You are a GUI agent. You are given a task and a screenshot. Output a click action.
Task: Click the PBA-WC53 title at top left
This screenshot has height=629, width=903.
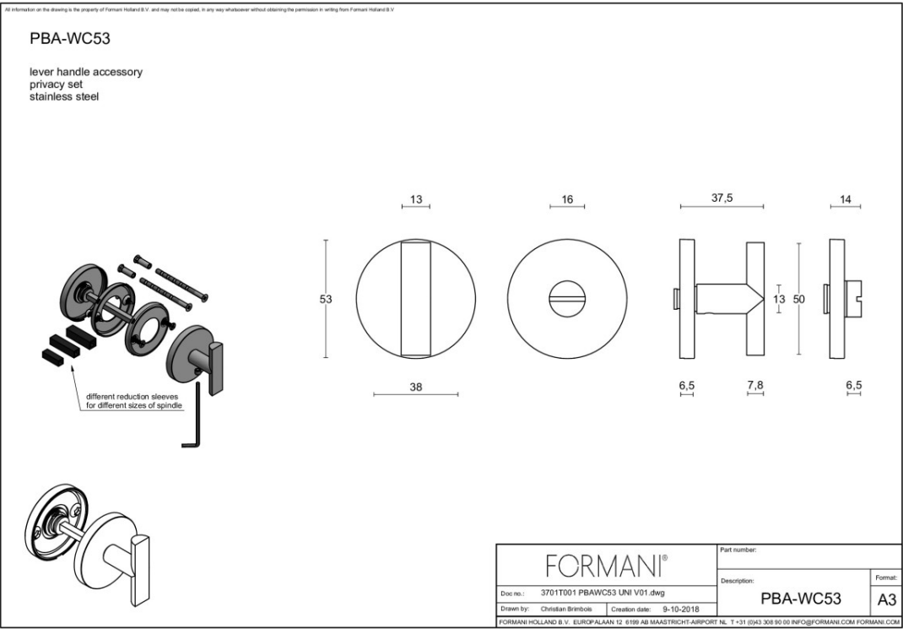point(71,39)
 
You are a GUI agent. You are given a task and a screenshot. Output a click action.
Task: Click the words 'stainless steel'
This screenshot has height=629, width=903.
point(64,97)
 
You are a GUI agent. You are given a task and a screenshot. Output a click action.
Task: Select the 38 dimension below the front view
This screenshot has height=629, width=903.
point(415,386)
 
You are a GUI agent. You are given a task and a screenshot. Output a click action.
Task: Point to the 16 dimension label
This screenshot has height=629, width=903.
point(566,199)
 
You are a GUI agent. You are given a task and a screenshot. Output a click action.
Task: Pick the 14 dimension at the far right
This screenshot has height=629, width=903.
point(846,199)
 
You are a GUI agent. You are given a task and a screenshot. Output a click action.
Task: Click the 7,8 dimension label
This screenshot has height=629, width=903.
point(754,386)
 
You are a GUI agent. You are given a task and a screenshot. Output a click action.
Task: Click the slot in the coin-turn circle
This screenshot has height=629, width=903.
point(567,299)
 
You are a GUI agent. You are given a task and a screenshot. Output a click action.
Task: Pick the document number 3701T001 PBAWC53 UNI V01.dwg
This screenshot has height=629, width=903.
point(602,592)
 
